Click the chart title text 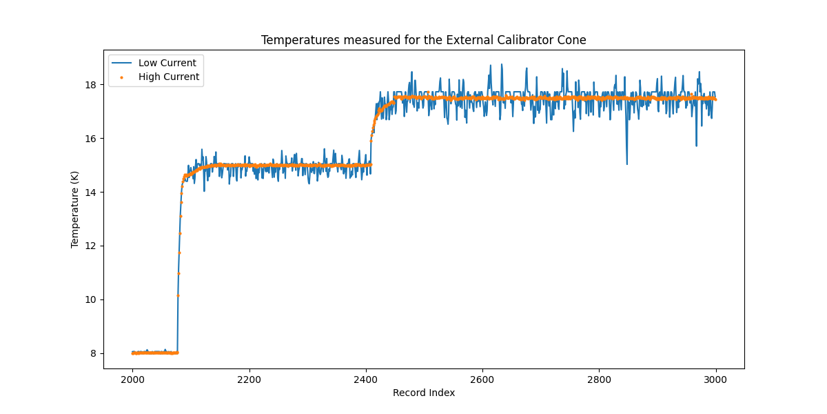point(423,40)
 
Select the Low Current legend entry point(167,63)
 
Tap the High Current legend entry point(169,77)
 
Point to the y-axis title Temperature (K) point(74,209)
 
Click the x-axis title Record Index point(424,393)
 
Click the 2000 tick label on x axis point(132,379)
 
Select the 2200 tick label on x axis point(249,379)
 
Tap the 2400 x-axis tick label point(366,379)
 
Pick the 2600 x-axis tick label point(482,379)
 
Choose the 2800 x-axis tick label point(599,379)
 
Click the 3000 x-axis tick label point(715,379)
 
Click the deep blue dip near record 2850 point(626,163)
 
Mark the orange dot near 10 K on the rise point(178,295)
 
